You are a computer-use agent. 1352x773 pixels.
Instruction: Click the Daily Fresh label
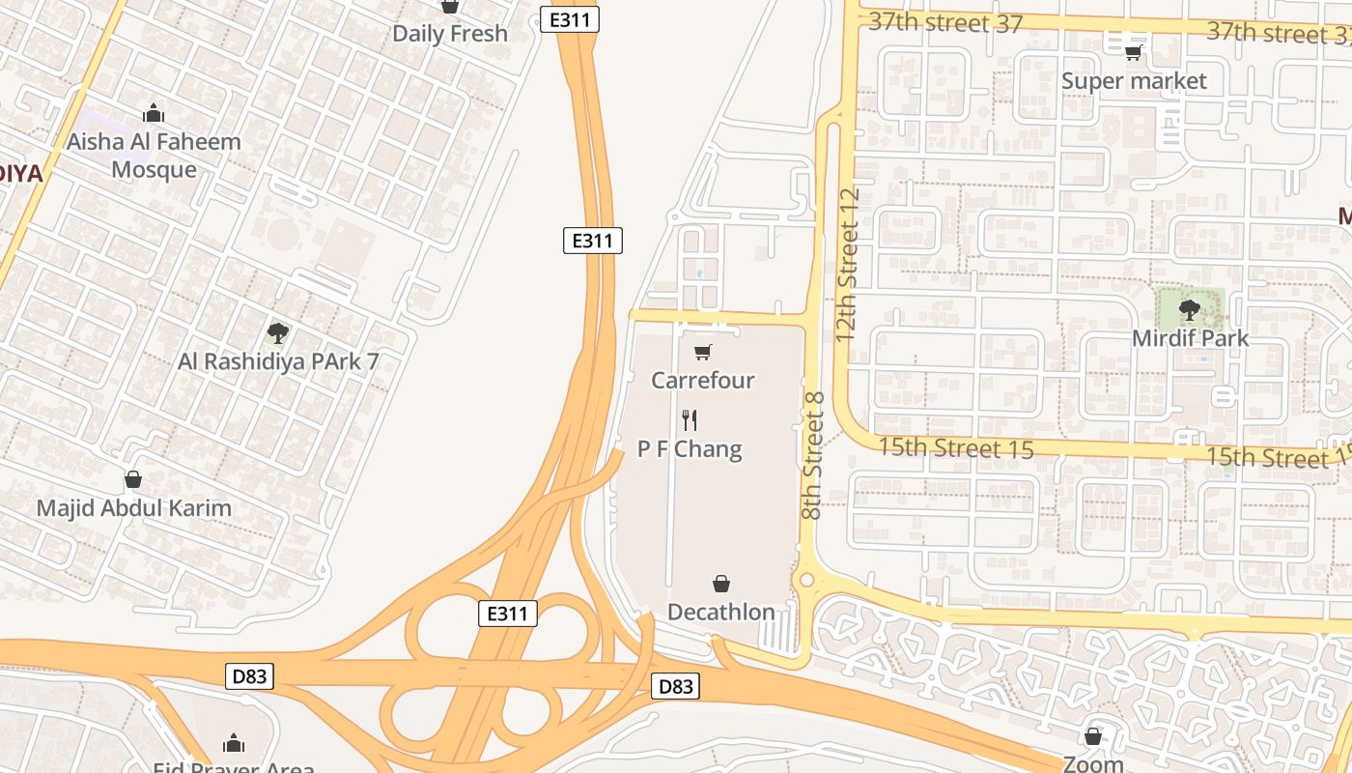tap(449, 34)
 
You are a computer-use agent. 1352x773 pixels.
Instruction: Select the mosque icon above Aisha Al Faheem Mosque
tap(154, 114)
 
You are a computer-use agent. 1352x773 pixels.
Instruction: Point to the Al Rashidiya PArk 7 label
tap(278, 362)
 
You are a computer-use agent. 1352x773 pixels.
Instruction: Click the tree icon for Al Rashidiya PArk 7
tap(278, 334)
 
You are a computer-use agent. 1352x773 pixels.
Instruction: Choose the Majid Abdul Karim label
tap(133, 508)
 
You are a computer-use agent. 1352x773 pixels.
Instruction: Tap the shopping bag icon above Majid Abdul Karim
tap(133, 479)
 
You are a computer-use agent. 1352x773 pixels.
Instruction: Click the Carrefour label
tap(702, 381)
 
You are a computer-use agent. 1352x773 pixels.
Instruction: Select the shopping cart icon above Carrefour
tap(703, 353)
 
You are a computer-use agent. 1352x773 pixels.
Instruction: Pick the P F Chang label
tap(690, 449)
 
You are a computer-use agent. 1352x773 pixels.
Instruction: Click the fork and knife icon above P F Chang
tap(690, 420)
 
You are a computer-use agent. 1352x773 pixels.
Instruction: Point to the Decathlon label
tap(721, 613)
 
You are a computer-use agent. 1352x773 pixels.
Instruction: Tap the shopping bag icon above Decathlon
tap(721, 584)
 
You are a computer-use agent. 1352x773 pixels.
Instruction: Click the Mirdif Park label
tap(1190, 339)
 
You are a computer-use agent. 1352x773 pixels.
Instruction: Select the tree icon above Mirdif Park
tap(1190, 310)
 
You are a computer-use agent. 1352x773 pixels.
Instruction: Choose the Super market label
tap(1134, 81)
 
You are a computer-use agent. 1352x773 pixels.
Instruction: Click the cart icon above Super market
tap(1134, 52)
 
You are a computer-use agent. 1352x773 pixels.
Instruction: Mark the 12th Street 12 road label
tap(848, 264)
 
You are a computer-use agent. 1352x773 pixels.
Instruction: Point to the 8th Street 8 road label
tap(812, 455)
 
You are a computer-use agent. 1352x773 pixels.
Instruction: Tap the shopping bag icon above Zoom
tap(1093, 736)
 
